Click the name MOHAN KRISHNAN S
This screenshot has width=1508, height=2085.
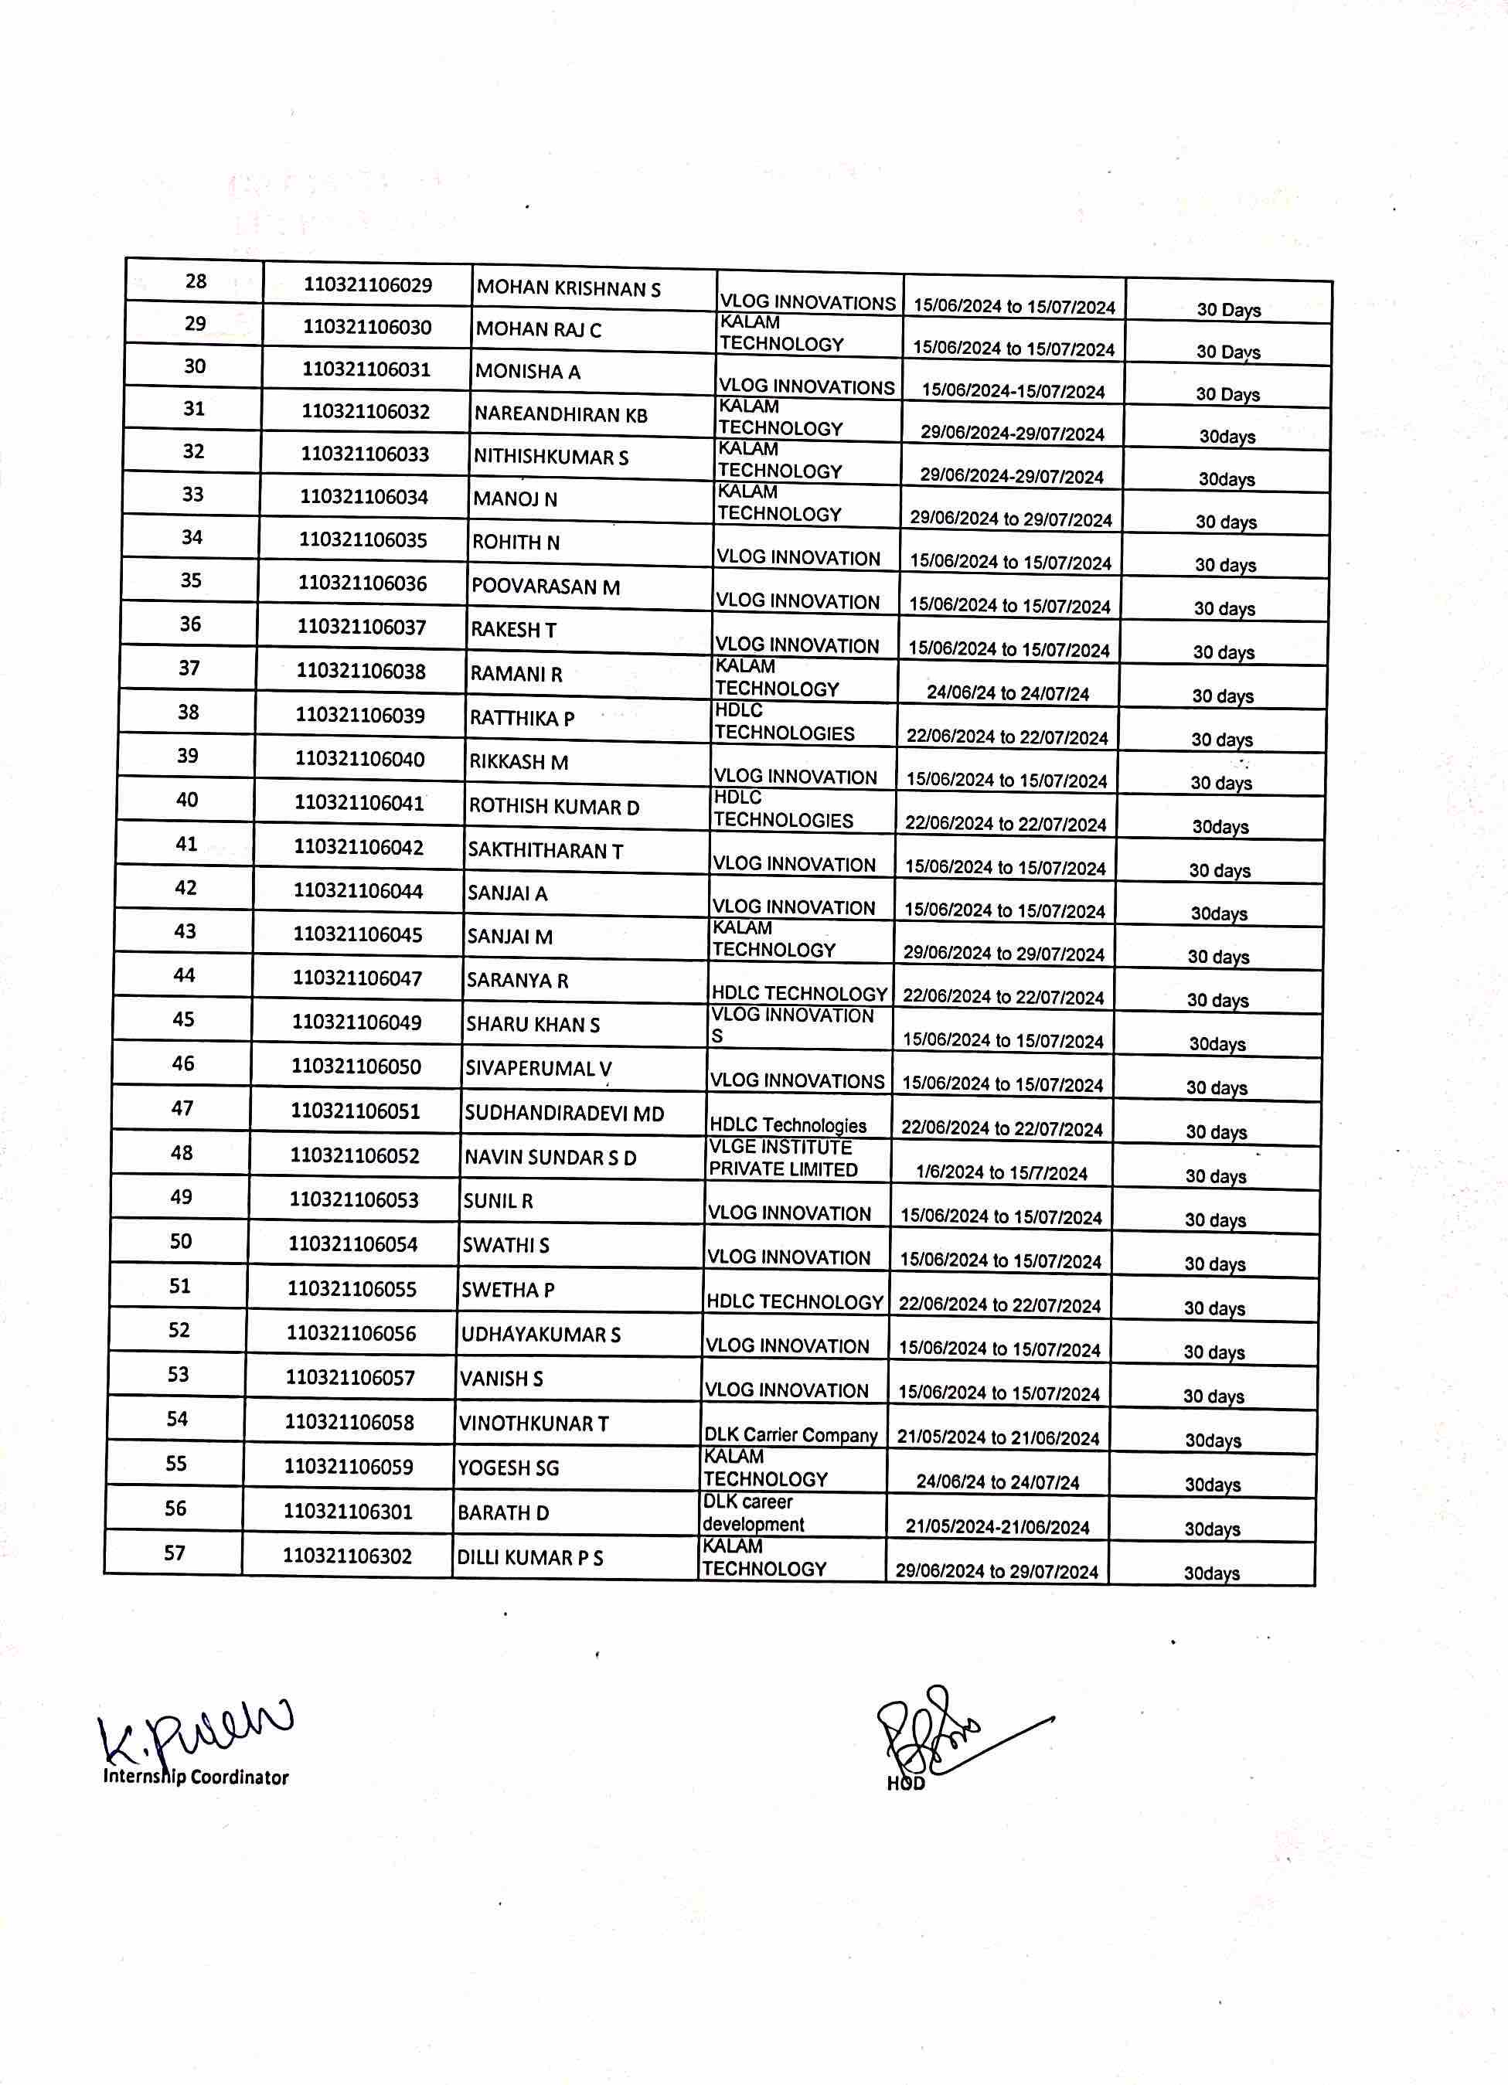(568, 289)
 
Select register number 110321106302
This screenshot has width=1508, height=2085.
(348, 1556)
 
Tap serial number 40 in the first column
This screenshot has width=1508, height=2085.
(186, 799)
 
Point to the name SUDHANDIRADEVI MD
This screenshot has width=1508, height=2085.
(563, 1114)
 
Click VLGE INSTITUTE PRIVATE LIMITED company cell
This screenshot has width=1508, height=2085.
(782, 1158)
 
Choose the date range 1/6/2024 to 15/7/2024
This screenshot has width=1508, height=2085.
(1000, 1173)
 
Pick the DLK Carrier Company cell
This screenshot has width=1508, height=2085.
(791, 1435)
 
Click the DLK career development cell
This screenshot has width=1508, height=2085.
(753, 1512)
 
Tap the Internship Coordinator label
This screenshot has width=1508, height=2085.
(196, 1777)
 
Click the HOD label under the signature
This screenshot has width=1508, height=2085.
(906, 1784)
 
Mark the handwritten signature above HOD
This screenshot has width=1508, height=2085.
(947, 1732)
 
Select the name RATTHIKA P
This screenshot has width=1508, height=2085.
(522, 718)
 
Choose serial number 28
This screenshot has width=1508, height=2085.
(196, 281)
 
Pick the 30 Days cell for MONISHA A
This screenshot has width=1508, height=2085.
(1227, 394)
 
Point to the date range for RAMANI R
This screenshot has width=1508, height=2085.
(1008, 693)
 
